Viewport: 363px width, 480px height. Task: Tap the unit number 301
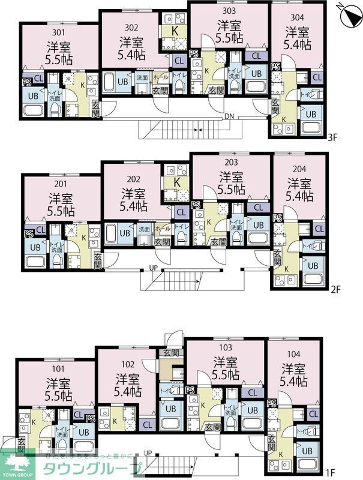pyautogui.click(x=58, y=32)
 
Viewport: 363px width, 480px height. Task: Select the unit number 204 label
pyautogui.click(x=299, y=167)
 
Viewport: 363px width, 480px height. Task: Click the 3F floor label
pyautogui.click(x=334, y=137)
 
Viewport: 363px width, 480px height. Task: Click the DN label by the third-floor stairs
pyautogui.click(x=229, y=116)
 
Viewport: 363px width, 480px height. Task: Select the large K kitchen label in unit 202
pyautogui.click(x=178, y=181)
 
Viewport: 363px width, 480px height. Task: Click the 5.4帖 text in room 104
pyautogui.click(x=295, y=381)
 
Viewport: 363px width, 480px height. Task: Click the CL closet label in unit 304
pyautogui.click(x=317, y=77)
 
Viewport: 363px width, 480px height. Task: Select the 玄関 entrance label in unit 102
pyautogui.click(x=171, y=353)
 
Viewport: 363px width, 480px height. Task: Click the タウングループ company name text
pyautogui.click(x=93, y=468)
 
